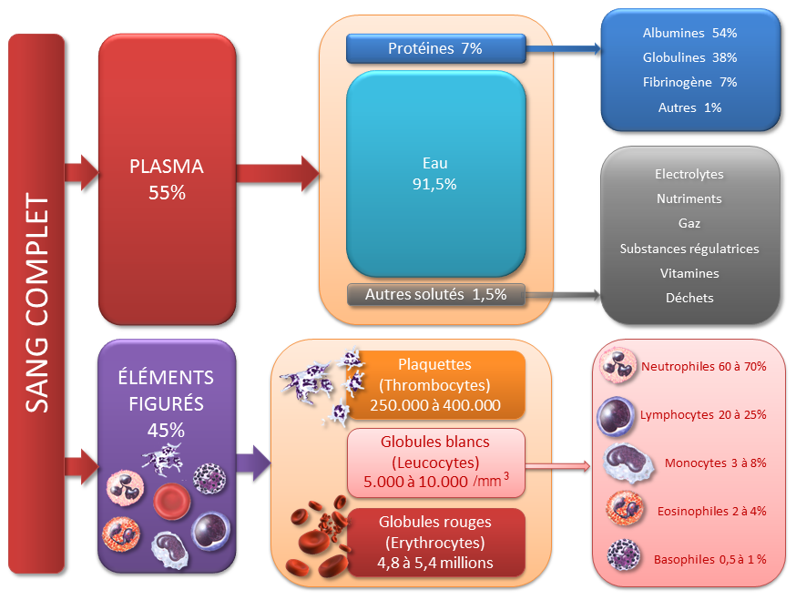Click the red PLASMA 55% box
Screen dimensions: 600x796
pyautogui.click(x=167, y=179)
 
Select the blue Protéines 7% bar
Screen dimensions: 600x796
pyautogui.click(x=435, y=48)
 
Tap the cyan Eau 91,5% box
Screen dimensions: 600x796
pyautogui.click(x=435, y=173)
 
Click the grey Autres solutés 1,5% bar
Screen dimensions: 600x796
pyautogui.click(x=435, y=294)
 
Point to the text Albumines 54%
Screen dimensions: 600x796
pyautogui.click(x=689, y=33)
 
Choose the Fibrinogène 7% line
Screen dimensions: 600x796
pyautogui.click(x=689, y=82)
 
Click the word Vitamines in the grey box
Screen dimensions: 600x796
pyautogui.click(x=689, y=273)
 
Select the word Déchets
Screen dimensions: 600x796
pyautogui.click(x=689, y=298)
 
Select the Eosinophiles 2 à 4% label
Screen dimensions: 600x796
pyautogui.click(x=711, y=511)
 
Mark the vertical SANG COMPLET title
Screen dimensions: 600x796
pyautogui.click(x=37, y=303)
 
